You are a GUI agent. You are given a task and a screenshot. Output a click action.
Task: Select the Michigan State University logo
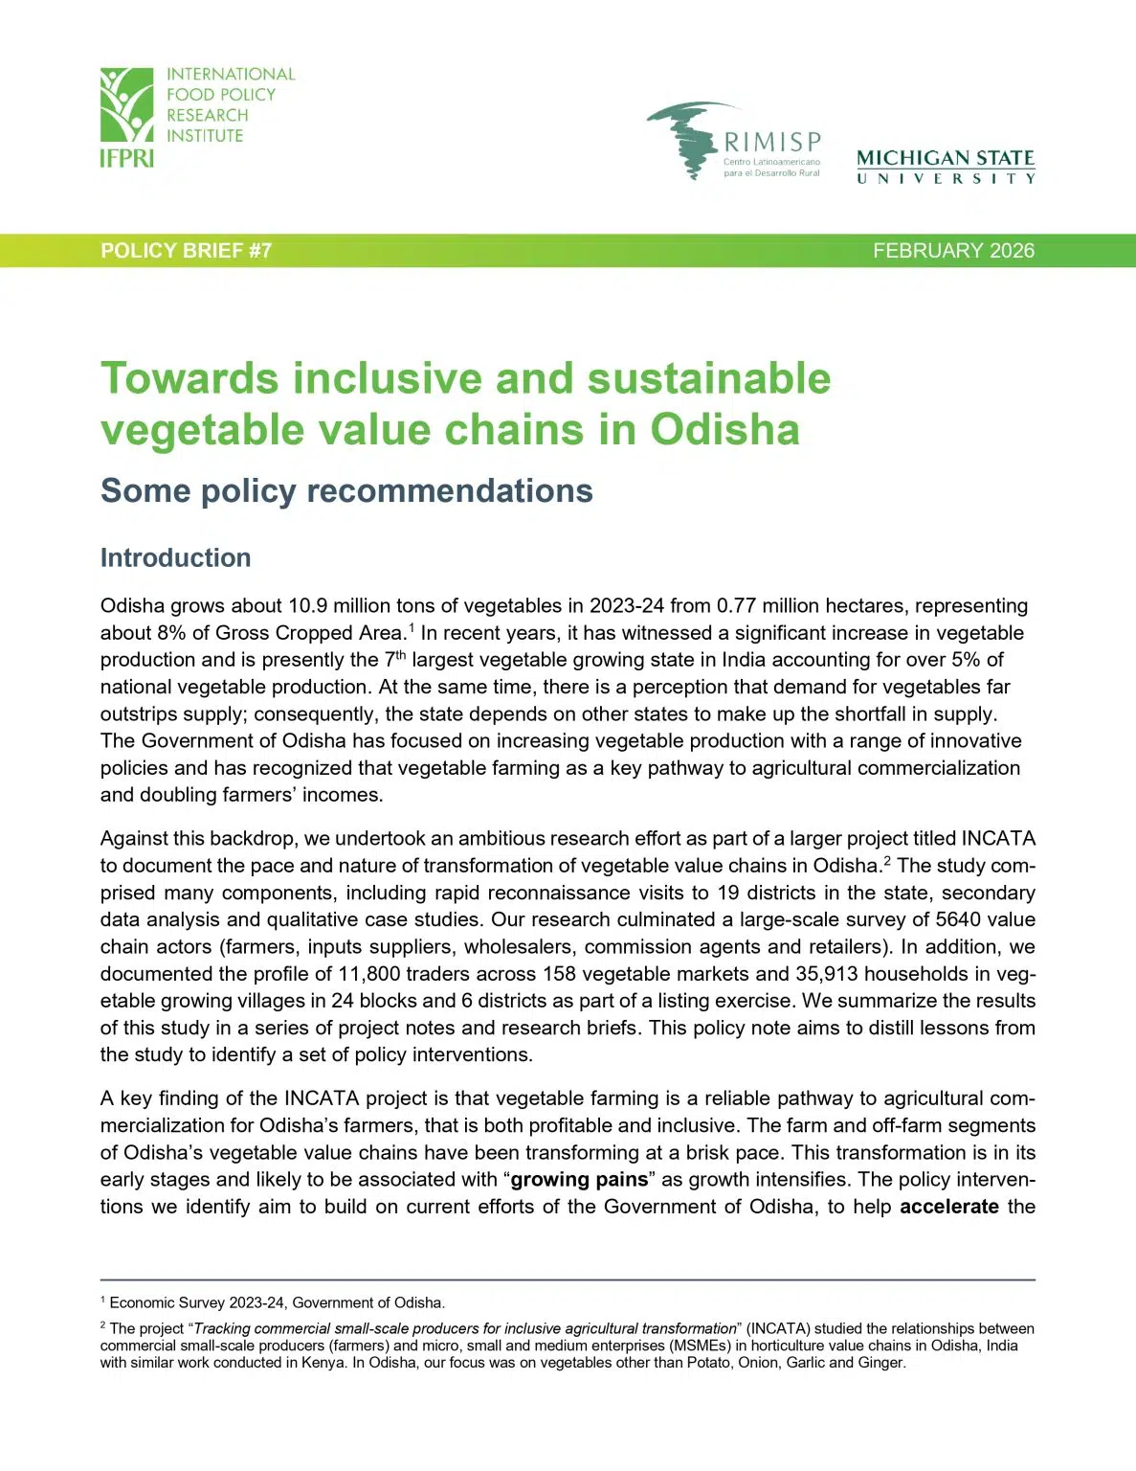tap(946, 166)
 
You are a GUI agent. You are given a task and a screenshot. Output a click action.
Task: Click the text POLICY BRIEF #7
tap(187, 251)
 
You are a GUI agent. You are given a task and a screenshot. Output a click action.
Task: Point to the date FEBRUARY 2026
tap(953, 251)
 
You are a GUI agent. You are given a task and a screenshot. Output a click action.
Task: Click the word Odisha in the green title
tap(724, 429)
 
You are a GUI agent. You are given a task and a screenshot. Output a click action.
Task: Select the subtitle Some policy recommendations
tap(346, 491)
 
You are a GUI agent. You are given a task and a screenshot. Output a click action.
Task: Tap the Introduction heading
tap(175, 557)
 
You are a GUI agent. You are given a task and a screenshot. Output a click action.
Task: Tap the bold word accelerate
tap(948, 1207)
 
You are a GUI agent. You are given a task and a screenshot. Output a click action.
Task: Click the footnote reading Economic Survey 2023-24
tap(277, 1302)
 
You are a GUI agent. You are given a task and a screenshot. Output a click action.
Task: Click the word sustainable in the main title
tap(708, 378)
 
